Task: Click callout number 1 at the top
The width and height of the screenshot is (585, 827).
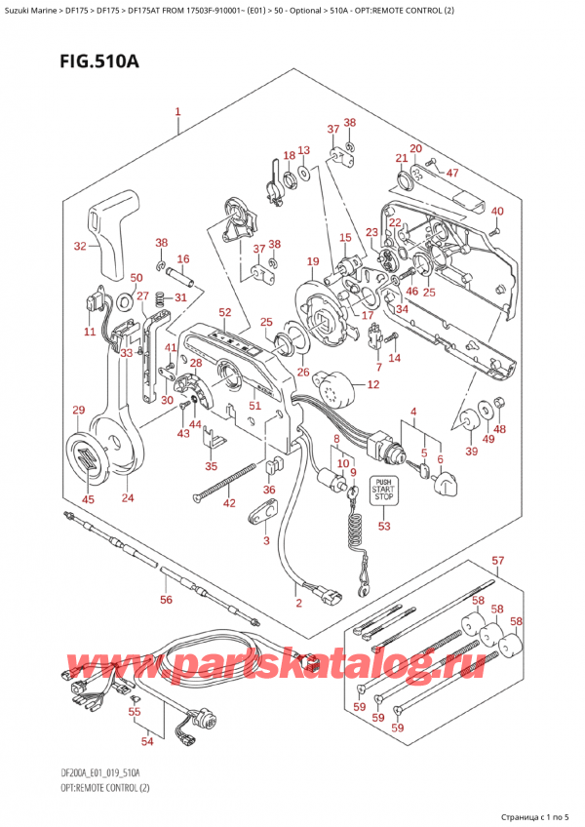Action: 177,112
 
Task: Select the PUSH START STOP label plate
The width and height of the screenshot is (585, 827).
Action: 383,489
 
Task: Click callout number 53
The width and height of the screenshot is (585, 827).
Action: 383,527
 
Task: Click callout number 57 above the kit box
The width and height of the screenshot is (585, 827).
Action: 498,561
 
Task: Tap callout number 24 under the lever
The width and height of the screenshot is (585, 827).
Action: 128,498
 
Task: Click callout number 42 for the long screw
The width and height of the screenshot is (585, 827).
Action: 229,503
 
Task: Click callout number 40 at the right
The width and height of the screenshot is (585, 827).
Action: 497,212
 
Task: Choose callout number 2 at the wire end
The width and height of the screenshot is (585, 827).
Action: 298,604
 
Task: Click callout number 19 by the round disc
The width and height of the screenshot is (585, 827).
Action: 312,261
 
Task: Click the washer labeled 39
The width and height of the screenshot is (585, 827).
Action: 471,418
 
